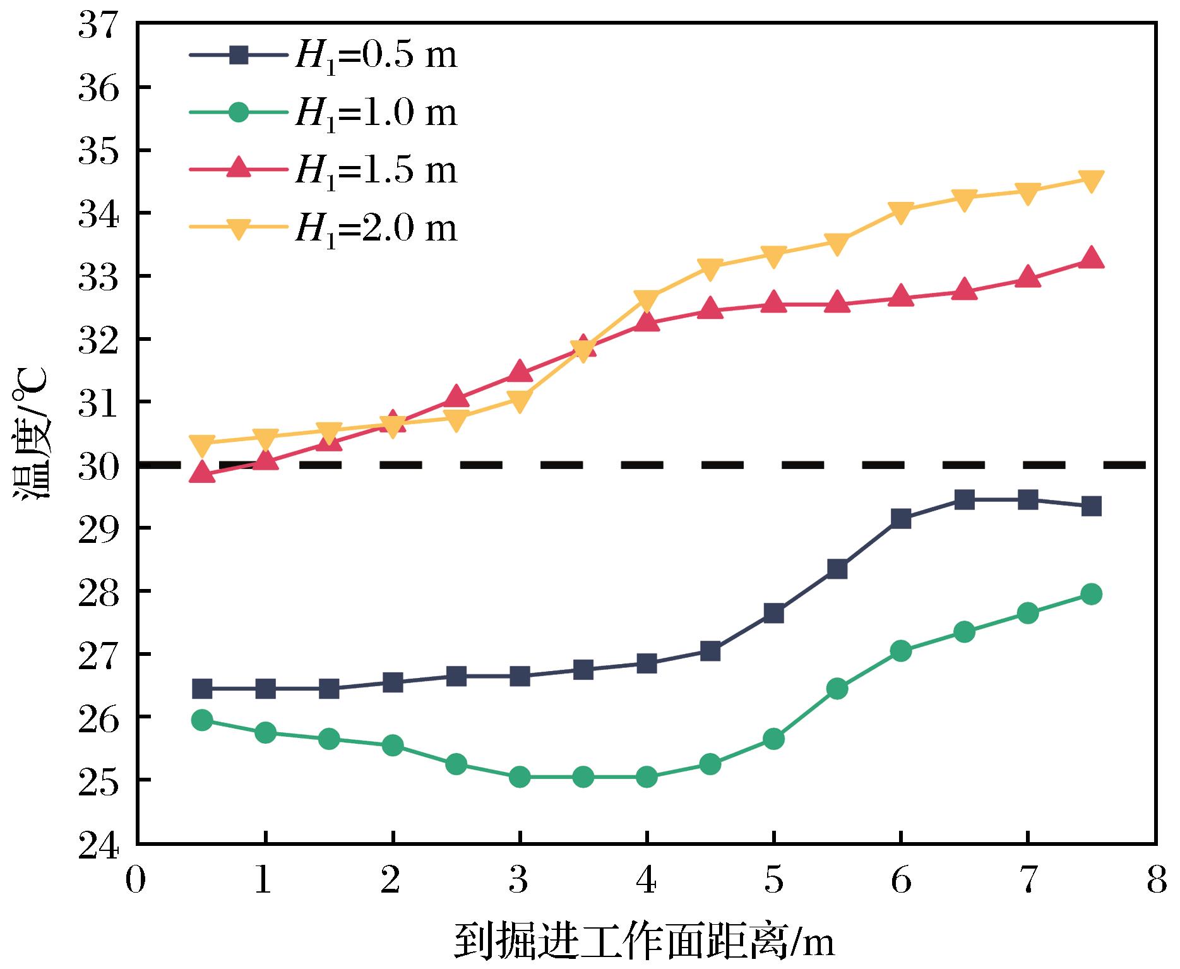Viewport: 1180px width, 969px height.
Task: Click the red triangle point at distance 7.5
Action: tap(1091, 259)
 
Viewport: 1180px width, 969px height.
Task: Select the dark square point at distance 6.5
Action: tap(964, 500)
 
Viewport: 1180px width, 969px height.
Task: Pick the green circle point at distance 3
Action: tap(520, 777)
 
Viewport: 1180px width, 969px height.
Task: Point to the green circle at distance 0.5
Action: tap(202, 720)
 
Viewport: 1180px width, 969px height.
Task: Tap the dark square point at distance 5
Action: tap(773, 613)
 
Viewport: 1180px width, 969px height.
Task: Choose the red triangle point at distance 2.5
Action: tap(456, 397)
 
